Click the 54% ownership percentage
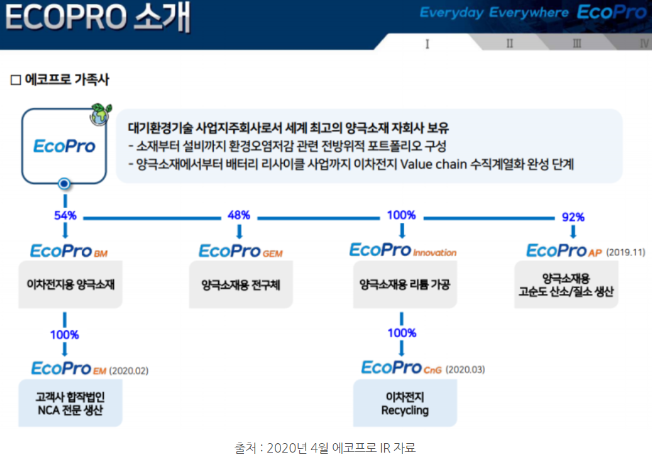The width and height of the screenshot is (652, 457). point(65,215)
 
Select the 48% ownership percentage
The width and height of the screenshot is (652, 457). point(239,215)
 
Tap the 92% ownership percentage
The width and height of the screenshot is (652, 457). point(573,217)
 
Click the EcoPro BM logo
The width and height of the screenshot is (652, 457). point(69,251)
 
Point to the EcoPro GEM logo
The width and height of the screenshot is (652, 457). point(241,251)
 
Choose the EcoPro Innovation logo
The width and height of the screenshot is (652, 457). point(403,250)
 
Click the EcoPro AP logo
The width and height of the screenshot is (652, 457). point(564,251)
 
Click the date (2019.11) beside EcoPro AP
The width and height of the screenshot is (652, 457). point(626,252)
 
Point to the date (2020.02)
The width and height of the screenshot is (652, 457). point(129,370)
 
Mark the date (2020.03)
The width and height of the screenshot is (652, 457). point(465,369)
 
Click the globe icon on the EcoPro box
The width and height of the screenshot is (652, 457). point(99,116)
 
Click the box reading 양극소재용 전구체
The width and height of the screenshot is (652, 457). point(241,285)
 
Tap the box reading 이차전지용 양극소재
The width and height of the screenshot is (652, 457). point(70,285)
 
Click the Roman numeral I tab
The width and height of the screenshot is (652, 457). point(428,43)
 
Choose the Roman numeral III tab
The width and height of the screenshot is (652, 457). point(577,43)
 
